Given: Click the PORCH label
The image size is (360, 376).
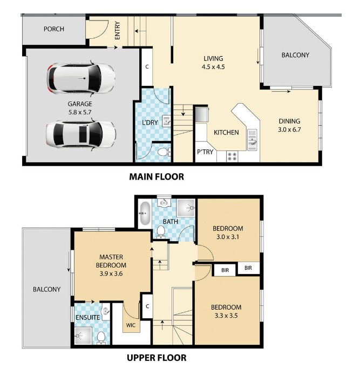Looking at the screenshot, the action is click(x=54, y=29).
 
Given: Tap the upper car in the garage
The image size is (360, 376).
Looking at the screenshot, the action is click(x=81, y=78).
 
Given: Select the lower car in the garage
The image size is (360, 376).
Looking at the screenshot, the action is click(x=81, y=134).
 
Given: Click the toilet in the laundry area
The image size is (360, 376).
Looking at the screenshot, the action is click(x=164, y=152).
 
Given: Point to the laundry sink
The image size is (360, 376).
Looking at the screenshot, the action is click(x=167, y=121).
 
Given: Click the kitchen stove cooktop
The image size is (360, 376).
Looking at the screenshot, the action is click(x=232, y=156).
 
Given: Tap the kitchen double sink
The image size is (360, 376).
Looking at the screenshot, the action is click(x=252, y=140).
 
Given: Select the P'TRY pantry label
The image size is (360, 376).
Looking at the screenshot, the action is click(x=205, y=152).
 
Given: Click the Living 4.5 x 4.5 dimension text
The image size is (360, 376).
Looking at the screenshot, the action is click(x=213, y=67).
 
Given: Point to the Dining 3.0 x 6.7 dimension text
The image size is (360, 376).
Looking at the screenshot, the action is click(x=289, y=129).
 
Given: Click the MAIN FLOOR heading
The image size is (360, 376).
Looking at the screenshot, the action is click(x=157, y=177).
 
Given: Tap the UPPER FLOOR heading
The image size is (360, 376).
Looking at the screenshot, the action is click(x=157, y=358).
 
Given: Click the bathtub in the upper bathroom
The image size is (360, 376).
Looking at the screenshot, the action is click(x=145, y=213).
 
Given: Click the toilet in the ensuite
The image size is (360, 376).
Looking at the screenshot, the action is click(x=101, y=338).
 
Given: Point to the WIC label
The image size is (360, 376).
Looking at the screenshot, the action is click(x=131, y=325).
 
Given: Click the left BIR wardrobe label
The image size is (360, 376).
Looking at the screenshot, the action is click(x=225, y=270).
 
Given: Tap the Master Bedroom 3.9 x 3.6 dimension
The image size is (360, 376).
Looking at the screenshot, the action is click(x=111, y=274).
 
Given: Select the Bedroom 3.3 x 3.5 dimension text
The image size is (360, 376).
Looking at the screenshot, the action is click(x=226, y=316).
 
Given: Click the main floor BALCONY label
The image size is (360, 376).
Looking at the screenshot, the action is click(x=295, y=55).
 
